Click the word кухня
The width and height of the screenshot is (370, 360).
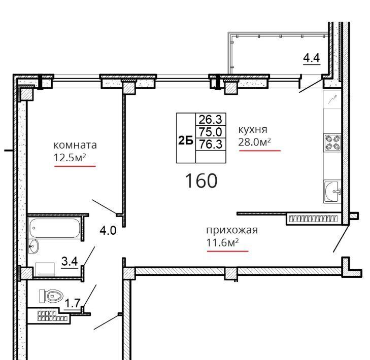(x=253, y=130)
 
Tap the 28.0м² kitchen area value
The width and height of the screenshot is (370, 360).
(x=254, y=142)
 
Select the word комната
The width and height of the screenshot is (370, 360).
(x=75, y=145)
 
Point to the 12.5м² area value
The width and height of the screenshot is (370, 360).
(x=70, y=157)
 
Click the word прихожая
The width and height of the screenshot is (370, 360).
(x=232, y=230)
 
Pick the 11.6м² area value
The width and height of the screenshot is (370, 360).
(x=222, y=242)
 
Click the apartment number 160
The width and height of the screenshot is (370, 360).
(x=201, y=181)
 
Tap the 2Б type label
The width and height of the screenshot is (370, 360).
(x=186, y=141)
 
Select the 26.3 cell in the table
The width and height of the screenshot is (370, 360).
(x=211, y=120)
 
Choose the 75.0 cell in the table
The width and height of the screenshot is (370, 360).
(x=211, y=131)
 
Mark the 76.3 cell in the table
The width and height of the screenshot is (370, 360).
(x=211, y=144)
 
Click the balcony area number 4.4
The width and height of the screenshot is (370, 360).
(x=312, y=58)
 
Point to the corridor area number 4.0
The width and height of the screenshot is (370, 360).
(x=108, y=230)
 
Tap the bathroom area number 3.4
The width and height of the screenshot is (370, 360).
(x=70, y=261)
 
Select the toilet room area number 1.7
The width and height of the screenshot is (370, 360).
(x=73, y=303)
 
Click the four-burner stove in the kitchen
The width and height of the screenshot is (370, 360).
(x=332, y=143)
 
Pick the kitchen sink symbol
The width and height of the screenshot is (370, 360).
(x=332, y=191)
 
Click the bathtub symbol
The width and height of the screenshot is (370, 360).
(x=54, y=228)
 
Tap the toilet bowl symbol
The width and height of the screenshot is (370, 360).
(x=51, y=296)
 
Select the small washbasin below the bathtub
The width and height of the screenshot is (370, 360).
(x=33, y=246)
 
